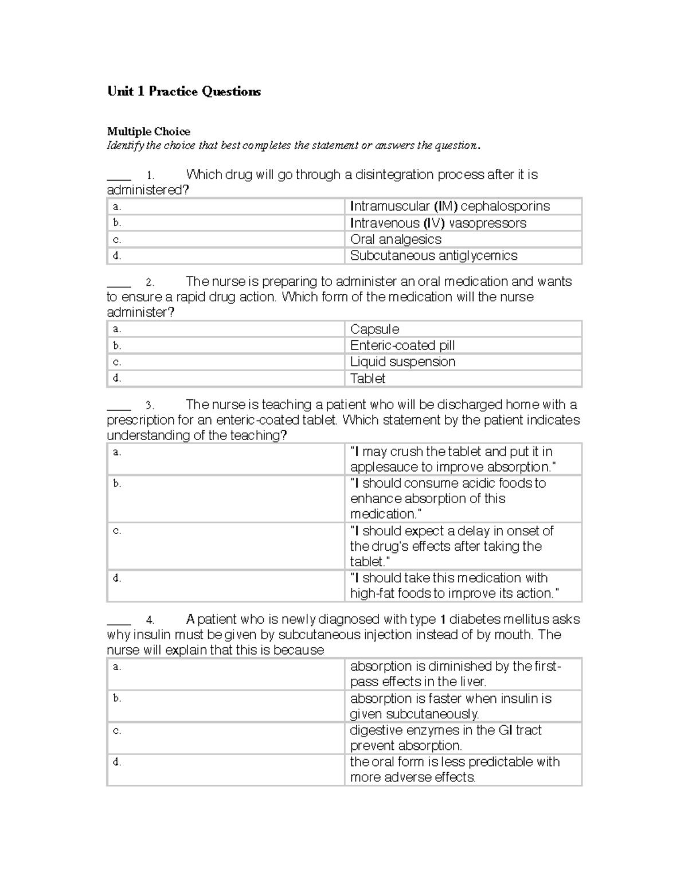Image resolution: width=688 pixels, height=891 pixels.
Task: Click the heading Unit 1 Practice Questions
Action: pyautogui.click(x=183, y=92)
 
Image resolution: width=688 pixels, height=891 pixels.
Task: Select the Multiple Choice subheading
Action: pyautogui.click(x=148, y=131)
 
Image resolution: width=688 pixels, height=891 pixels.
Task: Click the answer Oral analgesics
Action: pyautogui.click(x=396, y=239)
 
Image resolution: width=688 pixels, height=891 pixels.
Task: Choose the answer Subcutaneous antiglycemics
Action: pyautogui.click(x=433, y=256)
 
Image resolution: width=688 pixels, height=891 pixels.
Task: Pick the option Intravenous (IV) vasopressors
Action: pyautogui.click(x=438, y=223)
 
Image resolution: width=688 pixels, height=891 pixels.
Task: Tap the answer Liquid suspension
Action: pyautogui.click(x=402, y=362)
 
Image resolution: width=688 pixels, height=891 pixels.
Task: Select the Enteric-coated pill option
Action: pyautogui.click(x=402, y=345)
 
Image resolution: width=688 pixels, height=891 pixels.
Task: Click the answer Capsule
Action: pyautogui.click(x=374, y=329)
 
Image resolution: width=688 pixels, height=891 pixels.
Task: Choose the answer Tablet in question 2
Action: pyautogui.click(x=368, y=379)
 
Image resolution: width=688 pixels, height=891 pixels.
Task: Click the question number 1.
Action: pyautogui.click(x=150, y=175)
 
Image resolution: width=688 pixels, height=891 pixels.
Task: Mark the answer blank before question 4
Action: pyautogui.click(x=119, y=620)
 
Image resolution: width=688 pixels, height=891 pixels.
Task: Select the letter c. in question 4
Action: pyautogui.click(x=117, y=731)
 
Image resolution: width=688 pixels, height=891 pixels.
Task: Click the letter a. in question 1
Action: pyautogui.click(x=117, y=207)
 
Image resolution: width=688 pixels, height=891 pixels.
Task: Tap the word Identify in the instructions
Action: pyautogui.click(x=125, y=145)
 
